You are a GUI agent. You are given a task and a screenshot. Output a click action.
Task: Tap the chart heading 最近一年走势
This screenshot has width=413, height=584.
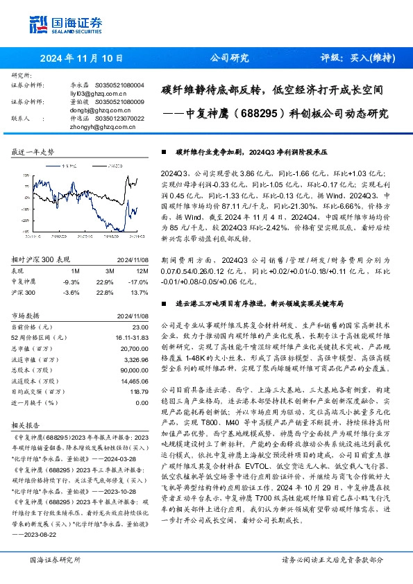33,151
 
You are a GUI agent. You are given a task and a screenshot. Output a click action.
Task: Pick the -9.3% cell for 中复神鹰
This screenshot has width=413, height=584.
71,261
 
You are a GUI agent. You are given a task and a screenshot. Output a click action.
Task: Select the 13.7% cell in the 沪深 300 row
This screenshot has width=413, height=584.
140,273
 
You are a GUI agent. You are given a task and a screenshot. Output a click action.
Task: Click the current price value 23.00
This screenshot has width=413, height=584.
140,307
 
